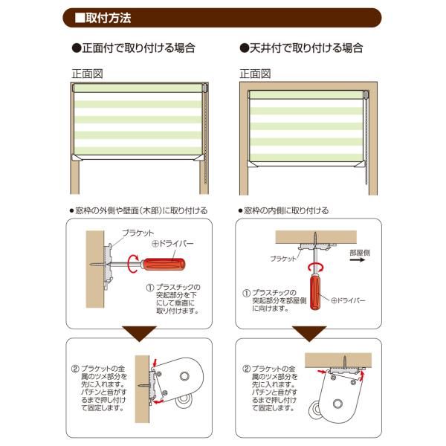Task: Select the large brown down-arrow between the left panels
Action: pos(137,332)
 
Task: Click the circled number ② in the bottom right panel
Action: pos(246,369)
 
